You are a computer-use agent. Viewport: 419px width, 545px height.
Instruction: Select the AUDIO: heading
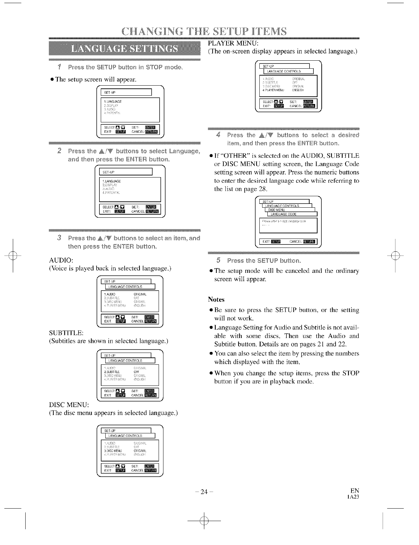61,260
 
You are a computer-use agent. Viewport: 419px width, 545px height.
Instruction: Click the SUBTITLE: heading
66,333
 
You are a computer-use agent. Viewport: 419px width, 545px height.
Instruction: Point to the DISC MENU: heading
69,405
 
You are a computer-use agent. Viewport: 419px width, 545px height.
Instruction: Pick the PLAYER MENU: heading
232,43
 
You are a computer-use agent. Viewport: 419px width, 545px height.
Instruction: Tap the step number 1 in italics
60,67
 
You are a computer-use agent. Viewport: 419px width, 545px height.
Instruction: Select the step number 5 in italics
218,260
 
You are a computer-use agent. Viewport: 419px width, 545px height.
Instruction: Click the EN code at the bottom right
355,491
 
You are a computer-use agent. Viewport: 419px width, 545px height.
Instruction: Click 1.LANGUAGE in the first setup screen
113,102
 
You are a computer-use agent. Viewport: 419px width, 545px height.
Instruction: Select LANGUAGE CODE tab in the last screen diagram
283,214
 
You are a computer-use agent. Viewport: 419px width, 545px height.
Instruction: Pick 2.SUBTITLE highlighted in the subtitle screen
112,372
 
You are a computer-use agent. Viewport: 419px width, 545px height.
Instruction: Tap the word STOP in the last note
350,373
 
